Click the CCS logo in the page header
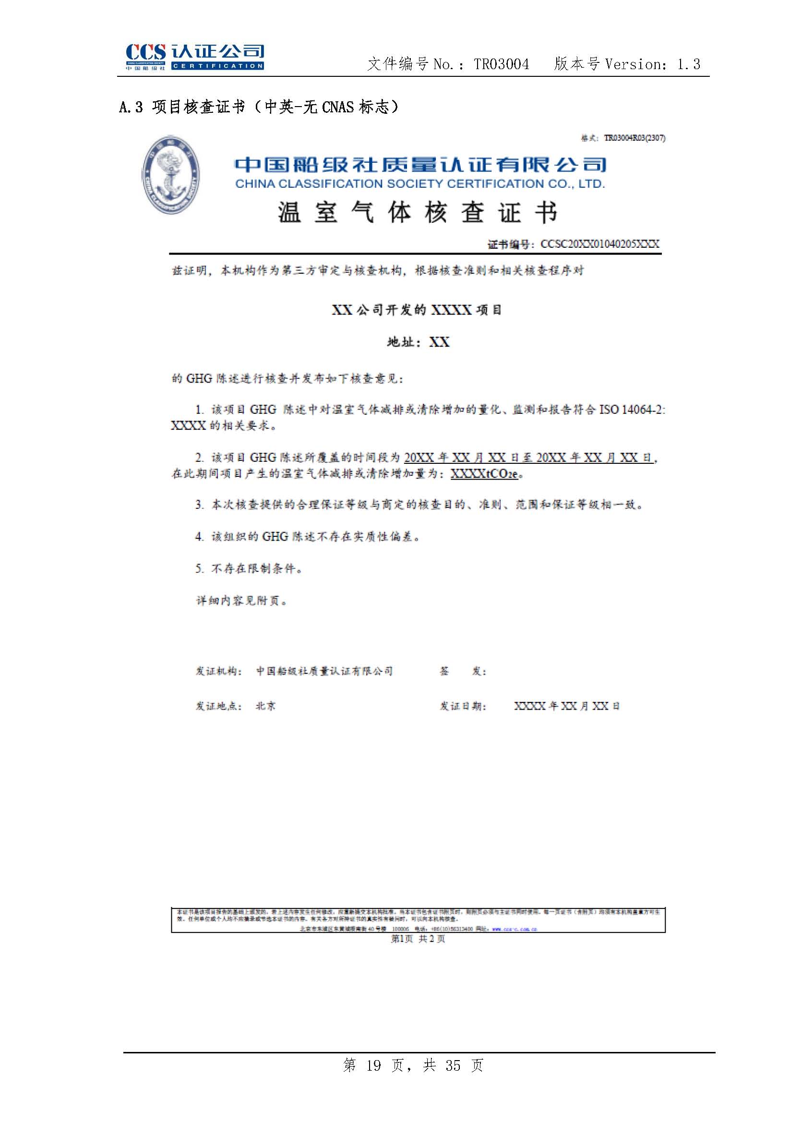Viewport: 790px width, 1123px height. (194, 57)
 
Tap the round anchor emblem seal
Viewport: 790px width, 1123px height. (170, 175)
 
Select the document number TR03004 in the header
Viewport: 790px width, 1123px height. (501, 64)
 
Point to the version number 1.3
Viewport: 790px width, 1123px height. (688, 64)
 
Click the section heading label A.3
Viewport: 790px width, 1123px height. (131, 107)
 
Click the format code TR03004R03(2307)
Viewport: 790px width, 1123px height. (634, 138)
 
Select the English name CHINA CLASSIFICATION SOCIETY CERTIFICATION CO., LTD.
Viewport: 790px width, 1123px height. (420, 184)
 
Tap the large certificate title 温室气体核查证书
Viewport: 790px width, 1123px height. (418, 213)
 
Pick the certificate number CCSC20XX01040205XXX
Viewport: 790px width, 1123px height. (599, 244)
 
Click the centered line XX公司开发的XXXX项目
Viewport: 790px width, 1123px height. (417, 310)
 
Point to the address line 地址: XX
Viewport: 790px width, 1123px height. (418, 342)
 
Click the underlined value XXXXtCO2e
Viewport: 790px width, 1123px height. (484, 474)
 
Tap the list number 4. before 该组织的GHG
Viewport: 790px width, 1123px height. (200, 537)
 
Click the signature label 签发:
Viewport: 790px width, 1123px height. (463, 671)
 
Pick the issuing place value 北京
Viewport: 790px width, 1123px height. (265, 706)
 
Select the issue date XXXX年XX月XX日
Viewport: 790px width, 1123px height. (566, 706)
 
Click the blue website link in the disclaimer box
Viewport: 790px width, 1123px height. (515, 929)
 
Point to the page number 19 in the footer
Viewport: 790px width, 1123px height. (373, 1065)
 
